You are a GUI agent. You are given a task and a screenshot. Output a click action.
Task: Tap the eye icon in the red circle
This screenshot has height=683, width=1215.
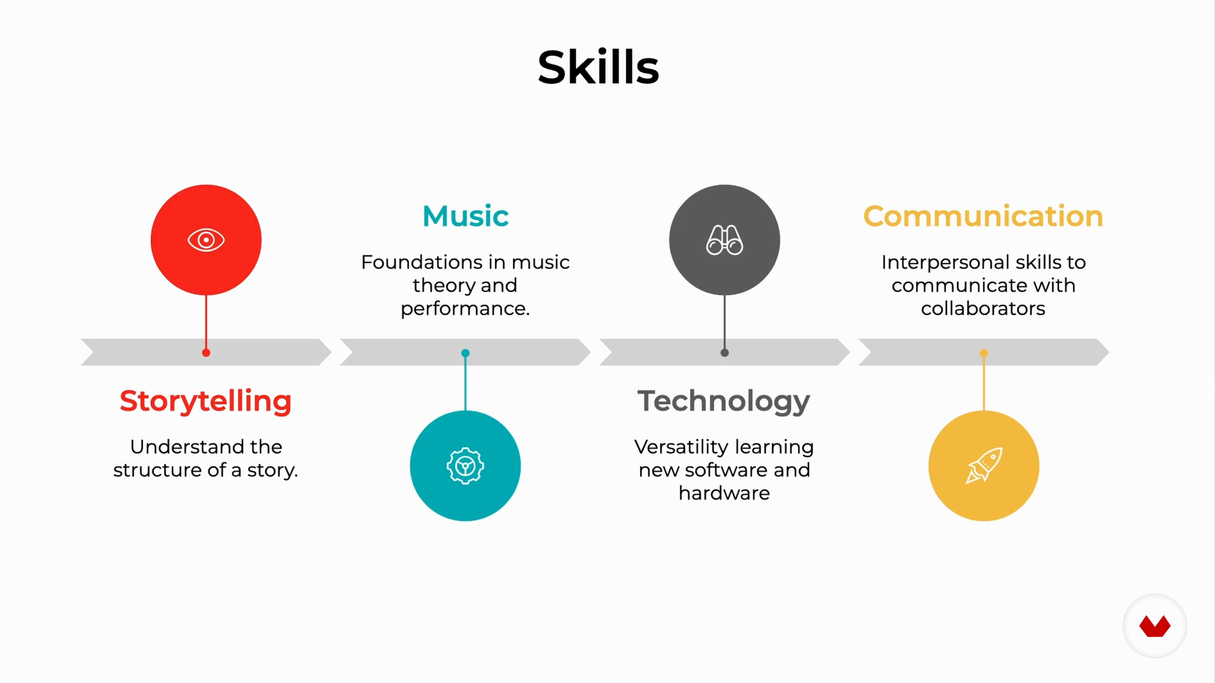click(x=206, y=240)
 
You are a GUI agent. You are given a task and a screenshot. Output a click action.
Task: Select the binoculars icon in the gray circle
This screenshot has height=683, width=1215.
click(x=725, y=240)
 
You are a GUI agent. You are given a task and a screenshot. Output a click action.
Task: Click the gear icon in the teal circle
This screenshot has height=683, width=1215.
click(x=465, y=466)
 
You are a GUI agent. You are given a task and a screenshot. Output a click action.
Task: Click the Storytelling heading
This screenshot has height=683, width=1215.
click(x=206, y=402)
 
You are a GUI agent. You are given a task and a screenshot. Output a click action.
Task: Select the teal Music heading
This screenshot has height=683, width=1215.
click(x=465, y=216)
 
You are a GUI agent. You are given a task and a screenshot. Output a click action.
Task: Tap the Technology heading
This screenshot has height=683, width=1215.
click(x=724, y=402)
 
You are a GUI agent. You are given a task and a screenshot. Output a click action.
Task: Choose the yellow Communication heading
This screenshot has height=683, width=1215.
click(x=983, y=216)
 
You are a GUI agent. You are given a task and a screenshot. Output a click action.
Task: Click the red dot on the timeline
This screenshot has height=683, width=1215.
click(x=206, y=353)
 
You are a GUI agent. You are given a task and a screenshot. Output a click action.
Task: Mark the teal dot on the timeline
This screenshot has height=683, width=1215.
click(x=465, y=353)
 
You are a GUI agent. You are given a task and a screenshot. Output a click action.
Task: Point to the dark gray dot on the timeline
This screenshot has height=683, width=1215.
click(x=725, y=353)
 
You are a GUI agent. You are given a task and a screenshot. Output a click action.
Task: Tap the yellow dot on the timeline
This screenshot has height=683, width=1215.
click(x=984, y=353)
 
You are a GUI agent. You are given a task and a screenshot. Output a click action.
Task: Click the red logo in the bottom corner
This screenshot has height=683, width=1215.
click(x=1155, y=626)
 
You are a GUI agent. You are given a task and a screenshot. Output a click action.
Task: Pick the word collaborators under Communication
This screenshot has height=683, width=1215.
click(x=983, y=309)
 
